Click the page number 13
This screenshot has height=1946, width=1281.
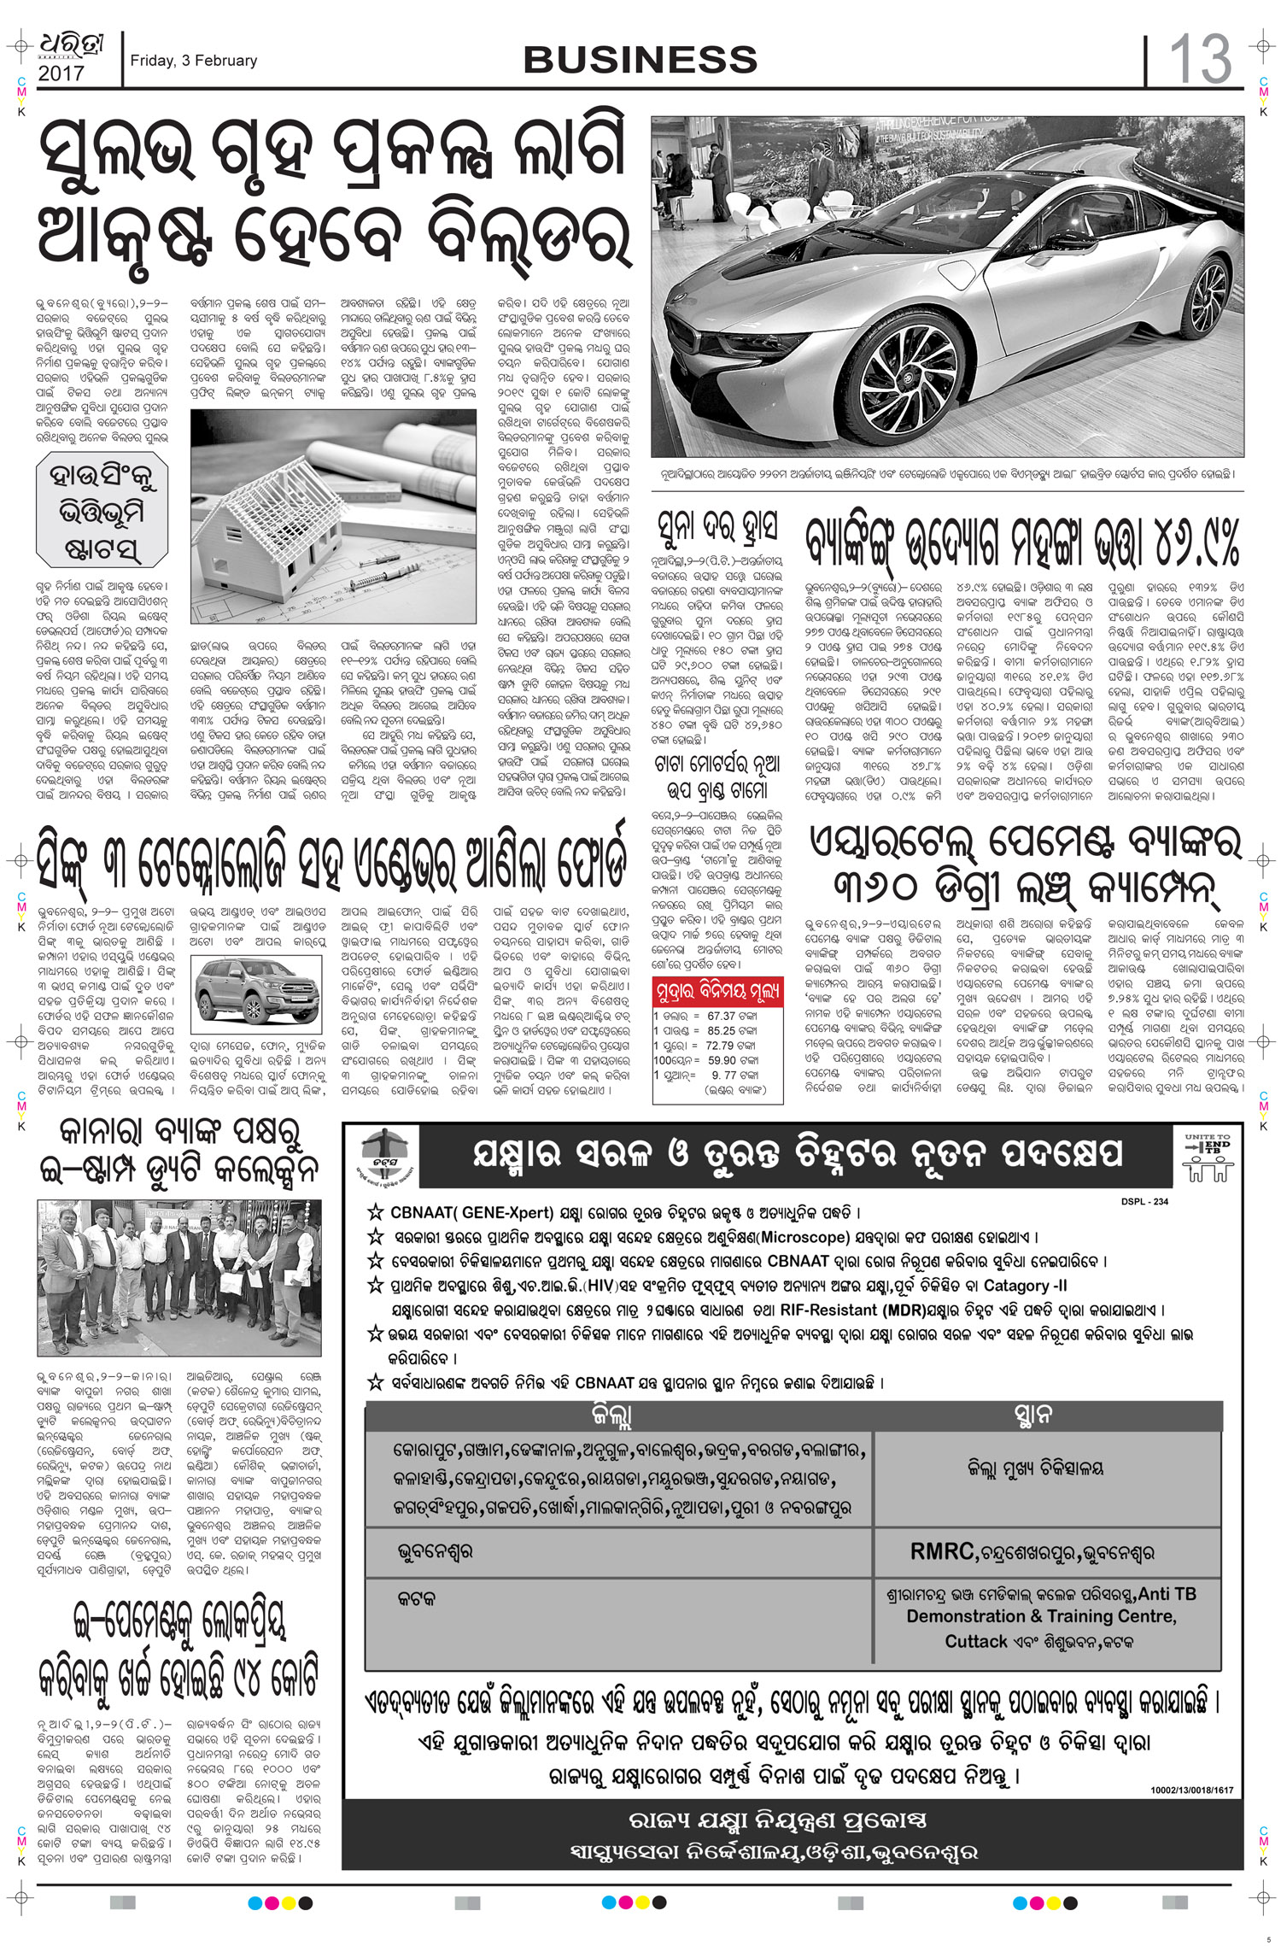click(x=1200, y=60)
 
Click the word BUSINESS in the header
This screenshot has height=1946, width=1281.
click(x=640, y=60)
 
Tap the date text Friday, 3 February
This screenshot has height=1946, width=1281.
click(x=193, y=61)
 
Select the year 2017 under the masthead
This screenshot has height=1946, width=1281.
click(x=61, y=74)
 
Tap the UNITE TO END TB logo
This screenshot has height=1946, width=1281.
click(x=1208, y=1158)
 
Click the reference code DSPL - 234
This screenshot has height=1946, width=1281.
click(x=1144, y=1202)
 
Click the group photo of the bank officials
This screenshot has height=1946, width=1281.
click(x=179, y=1277)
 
